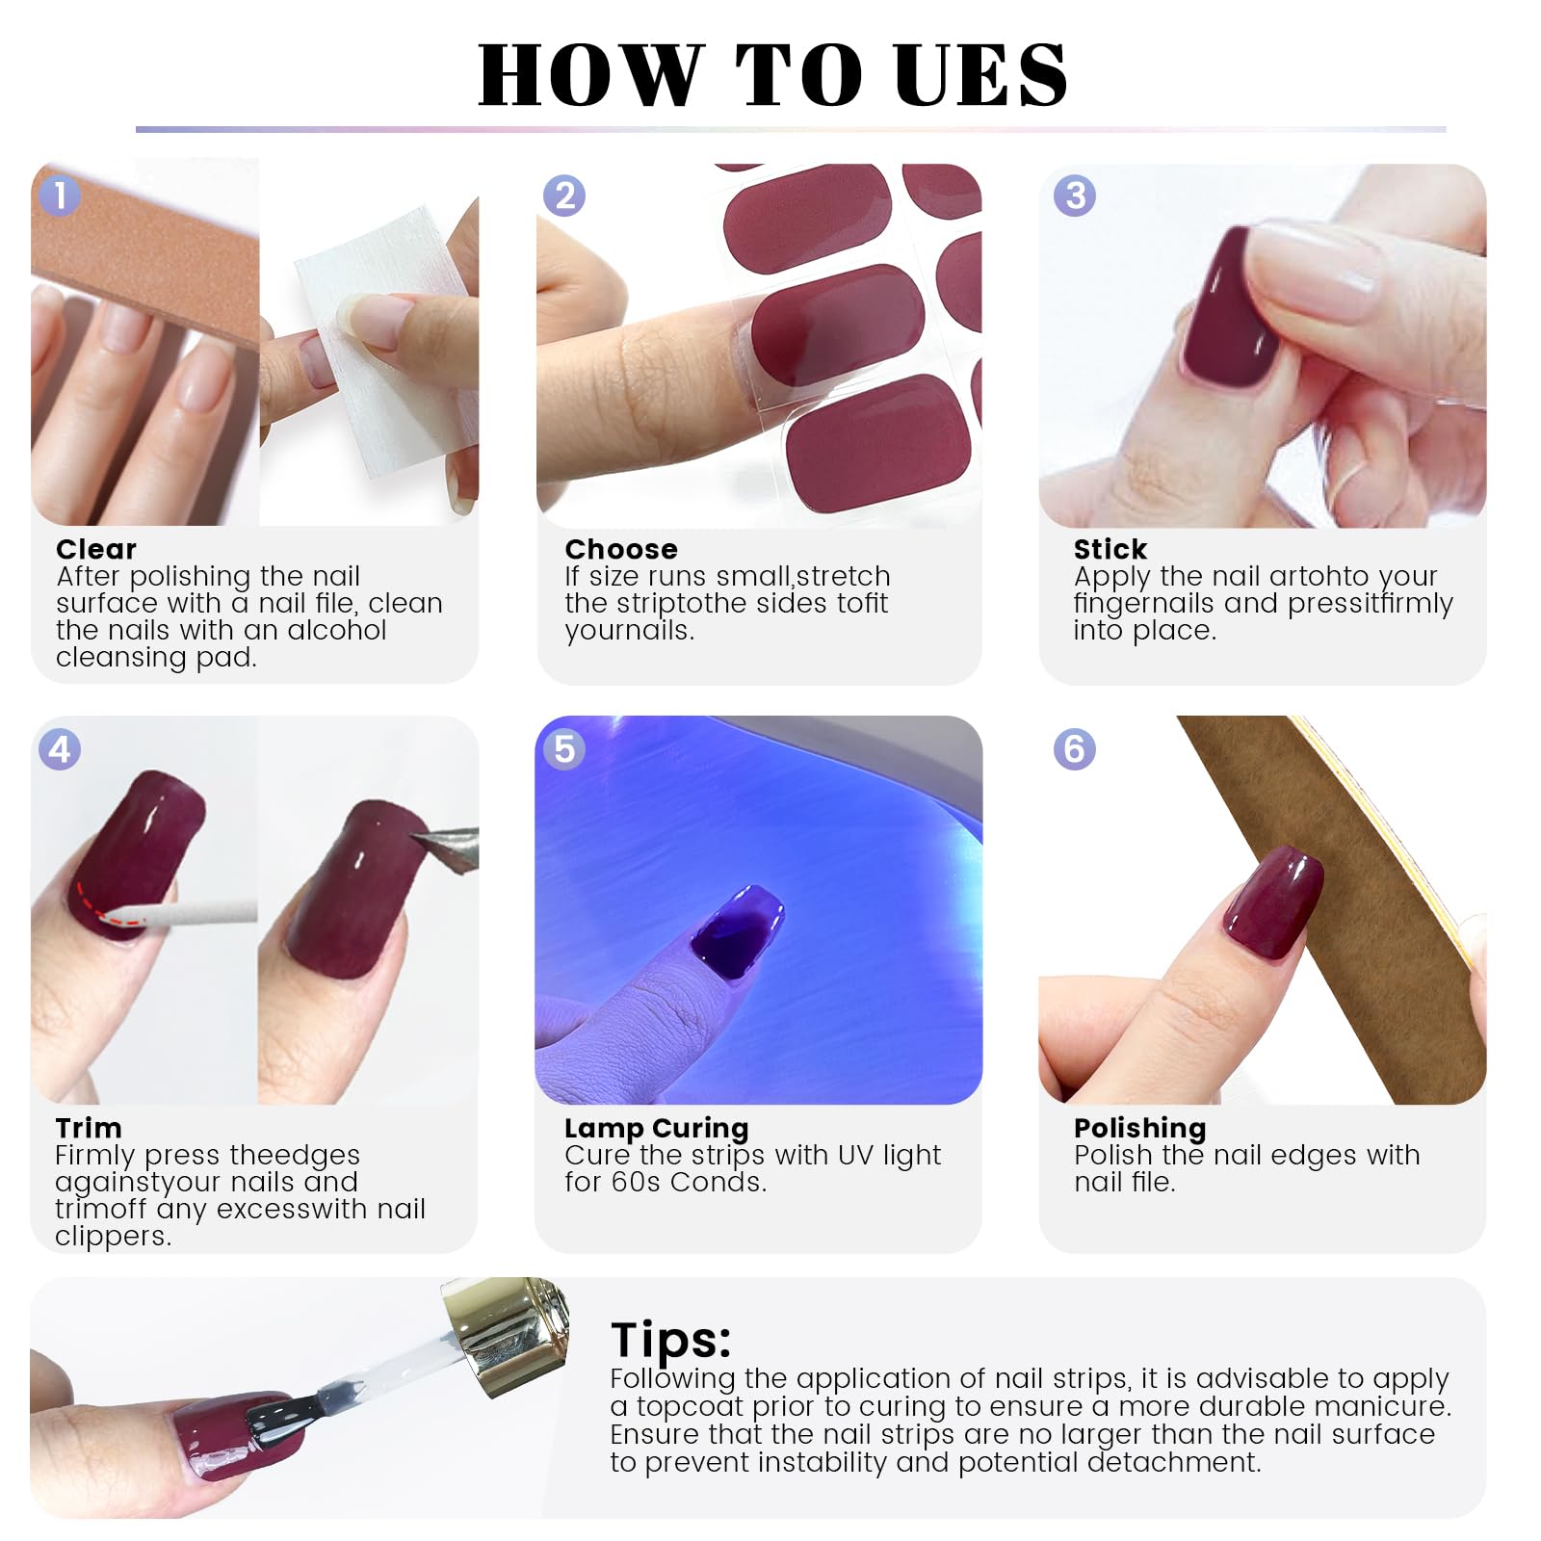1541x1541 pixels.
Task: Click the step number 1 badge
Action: [x=60, y=196]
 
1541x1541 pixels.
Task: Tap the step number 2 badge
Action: [x=564, y=196]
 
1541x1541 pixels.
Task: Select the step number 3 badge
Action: [x=1075, y=196]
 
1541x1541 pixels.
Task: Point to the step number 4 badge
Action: [x=60, y=749]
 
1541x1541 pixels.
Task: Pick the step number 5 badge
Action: [x=564, y=749]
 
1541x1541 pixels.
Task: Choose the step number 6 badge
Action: [x=1075, y=749]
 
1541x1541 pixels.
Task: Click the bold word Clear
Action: [x=96, y=549]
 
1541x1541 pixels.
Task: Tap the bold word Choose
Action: [x=621, y=549]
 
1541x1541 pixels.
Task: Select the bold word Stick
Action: [x=1110, y=549]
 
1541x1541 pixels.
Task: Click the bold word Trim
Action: [x=89, y=1128]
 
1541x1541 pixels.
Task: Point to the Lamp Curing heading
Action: [x=657, y=1129]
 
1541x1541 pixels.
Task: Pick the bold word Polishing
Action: [x=1140, y=1129]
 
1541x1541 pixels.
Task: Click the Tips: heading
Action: [x=671, y=1341]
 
